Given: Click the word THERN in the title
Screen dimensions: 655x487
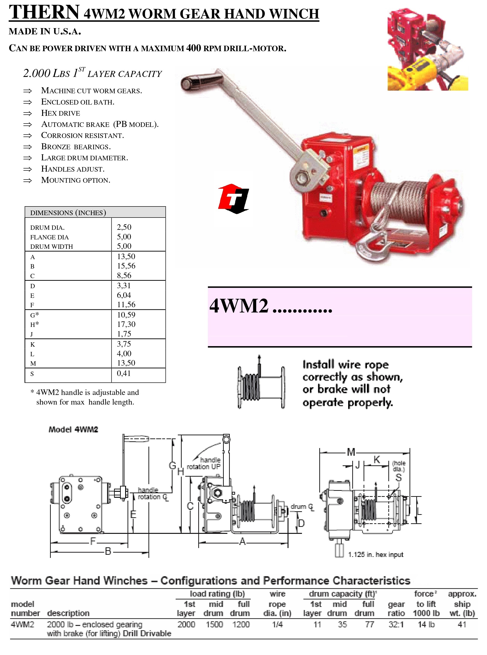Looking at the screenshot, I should (x=44, y=12).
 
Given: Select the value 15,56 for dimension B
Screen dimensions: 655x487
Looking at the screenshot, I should (x=126, y=266).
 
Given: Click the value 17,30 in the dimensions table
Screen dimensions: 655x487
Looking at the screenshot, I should (x=126, y=324).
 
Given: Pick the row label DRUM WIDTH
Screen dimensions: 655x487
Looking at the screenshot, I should (x=51, y=247).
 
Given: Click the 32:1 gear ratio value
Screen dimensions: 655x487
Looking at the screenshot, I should (x=396, y=624).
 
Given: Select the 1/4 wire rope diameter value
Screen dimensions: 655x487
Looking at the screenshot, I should (x=277, y=624).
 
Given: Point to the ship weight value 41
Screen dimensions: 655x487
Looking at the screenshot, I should (x=462, y=624).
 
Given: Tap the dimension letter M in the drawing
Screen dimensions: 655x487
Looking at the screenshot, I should (x=351, y=452).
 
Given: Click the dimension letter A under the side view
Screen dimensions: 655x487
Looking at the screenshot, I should (x=242, y=541).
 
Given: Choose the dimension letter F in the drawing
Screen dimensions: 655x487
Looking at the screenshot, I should (x=93, y=541).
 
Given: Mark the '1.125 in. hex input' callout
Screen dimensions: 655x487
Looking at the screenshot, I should (x=376, y=555).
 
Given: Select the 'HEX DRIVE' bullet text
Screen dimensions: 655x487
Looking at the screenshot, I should (x=60, y=113).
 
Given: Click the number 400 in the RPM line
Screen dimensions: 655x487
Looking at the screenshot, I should (x=193, y=48).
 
